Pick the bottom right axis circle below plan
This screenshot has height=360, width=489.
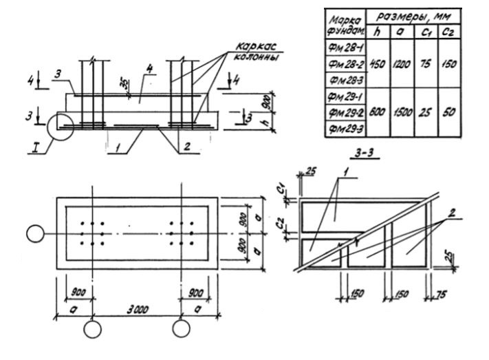181,328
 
